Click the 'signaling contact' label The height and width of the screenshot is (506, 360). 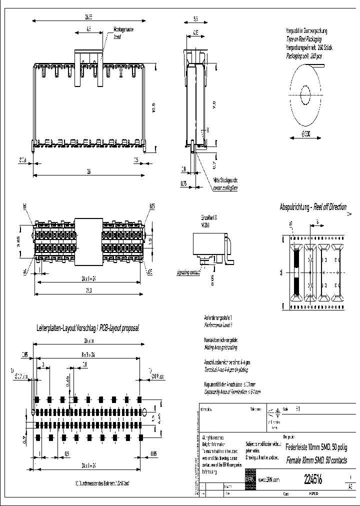pos(188,273)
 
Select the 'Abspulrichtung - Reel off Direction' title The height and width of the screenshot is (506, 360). pos(312,207)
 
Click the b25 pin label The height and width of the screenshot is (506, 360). pos(151,206)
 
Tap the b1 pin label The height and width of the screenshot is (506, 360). pos(24,206)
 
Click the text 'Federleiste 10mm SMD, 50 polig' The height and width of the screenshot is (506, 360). pos(317,447)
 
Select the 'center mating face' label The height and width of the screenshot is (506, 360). pos(225,188)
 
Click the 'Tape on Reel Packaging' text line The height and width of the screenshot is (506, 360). pos(303,38)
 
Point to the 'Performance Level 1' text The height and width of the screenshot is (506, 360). pos(218,324)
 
